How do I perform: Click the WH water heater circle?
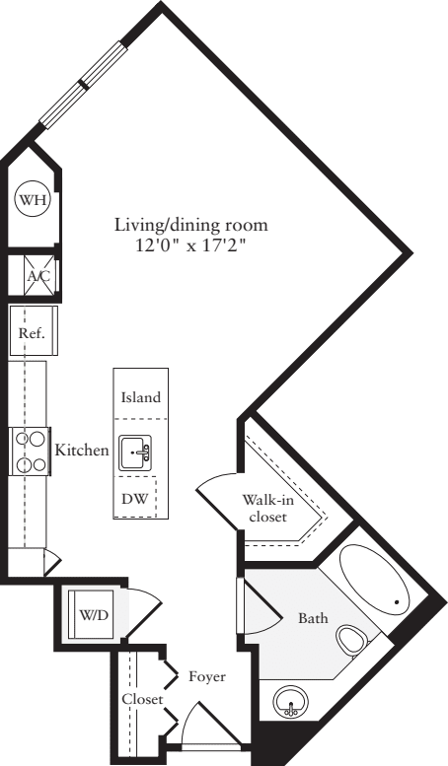coord(30,200)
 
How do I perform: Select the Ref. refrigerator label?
coord(32,333)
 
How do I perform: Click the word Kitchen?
coord(81,451)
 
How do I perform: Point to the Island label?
coord(140,398)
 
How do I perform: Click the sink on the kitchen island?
coord(136,453)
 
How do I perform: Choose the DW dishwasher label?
coord(134,499)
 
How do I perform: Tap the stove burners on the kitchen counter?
coord(29,452)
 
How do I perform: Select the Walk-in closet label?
coord(266,507)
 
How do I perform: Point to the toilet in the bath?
coord(349,641)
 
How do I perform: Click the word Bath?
coord(313,619)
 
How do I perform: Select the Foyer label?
coord(207,677)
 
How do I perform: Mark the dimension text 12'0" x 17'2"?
coord(189,245)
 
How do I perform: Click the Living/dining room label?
coord(189,226)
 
